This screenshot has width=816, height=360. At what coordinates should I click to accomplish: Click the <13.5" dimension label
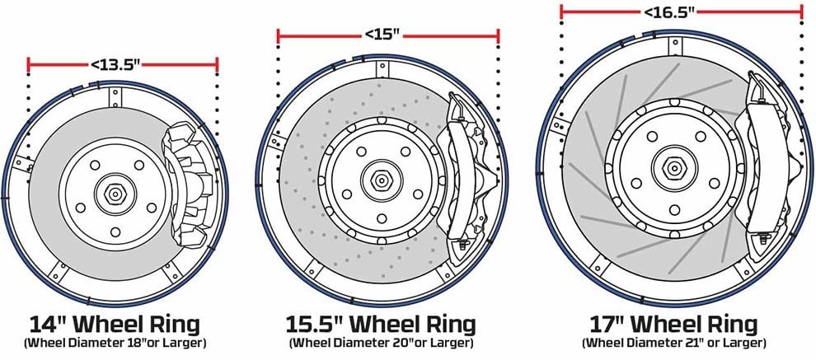coord(115,64)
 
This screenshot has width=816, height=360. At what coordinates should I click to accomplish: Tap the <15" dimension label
coord(382,35)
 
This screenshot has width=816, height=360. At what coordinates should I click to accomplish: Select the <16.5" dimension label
coord(669,12)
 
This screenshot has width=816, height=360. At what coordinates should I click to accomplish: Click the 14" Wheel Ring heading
coord(115,325)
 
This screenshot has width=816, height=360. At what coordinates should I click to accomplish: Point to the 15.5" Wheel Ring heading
coord(381,325)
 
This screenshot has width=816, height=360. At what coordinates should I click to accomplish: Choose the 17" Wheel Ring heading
coord(673,325)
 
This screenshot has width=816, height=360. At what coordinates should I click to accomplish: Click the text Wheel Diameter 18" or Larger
coord(115,344)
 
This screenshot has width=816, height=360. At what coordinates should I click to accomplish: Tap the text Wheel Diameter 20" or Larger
coord(381,344)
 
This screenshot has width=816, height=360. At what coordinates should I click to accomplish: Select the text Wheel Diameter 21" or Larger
coord(673,344)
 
